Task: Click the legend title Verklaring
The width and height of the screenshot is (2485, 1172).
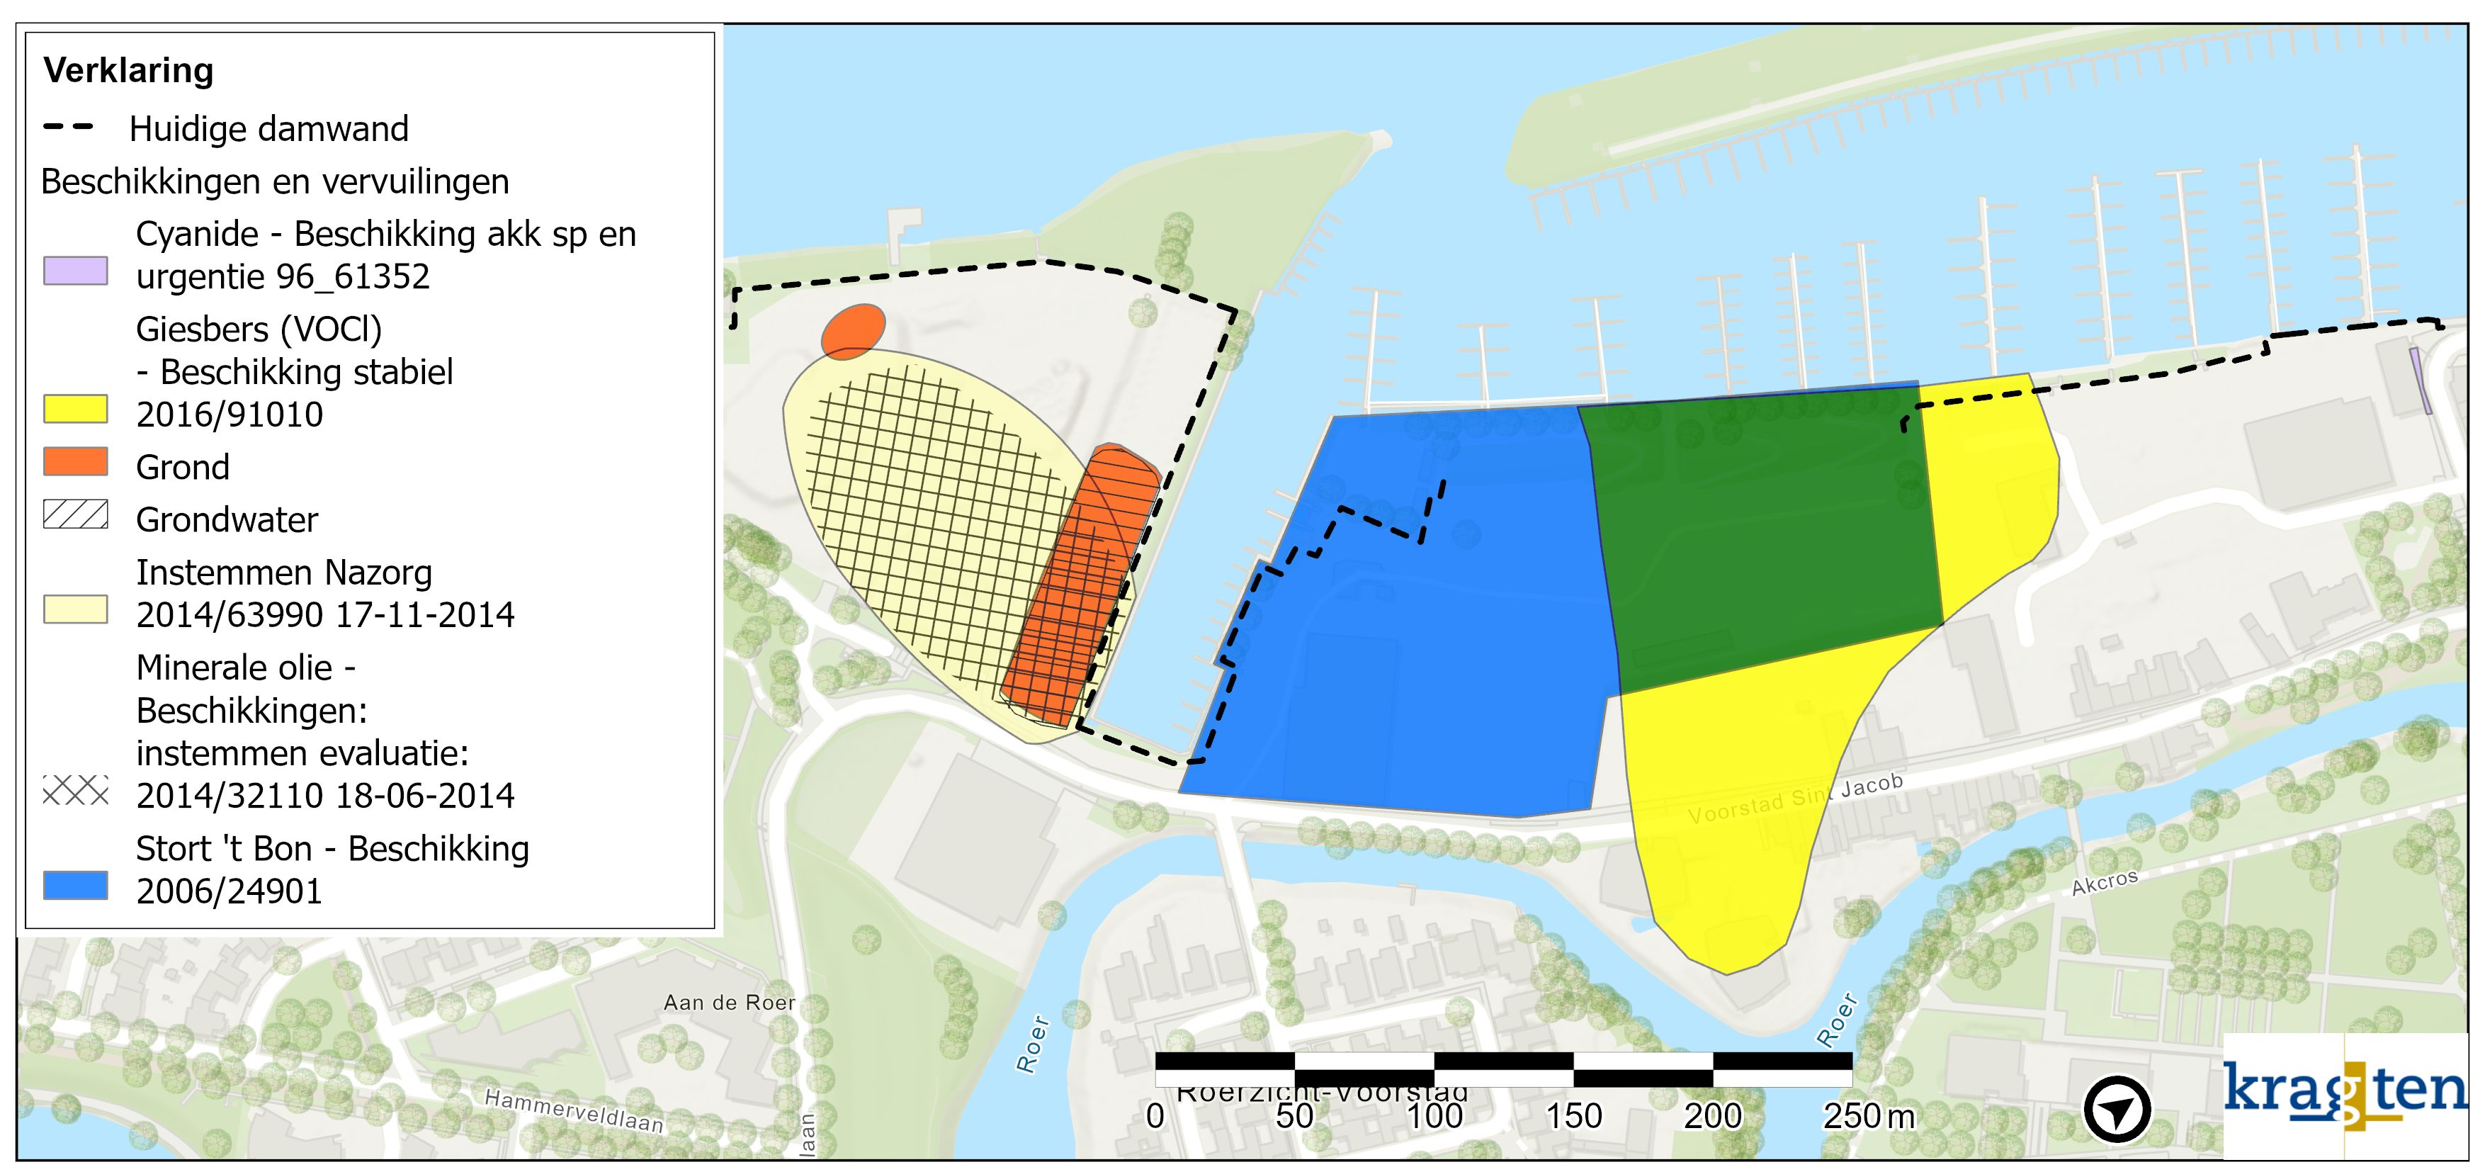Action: tap(128, 70)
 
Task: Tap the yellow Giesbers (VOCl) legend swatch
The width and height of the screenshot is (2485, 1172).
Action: tap(75, 409)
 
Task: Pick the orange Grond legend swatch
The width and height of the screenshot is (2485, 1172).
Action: tap(75, 462)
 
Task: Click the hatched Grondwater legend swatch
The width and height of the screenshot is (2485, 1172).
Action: tap(75, 514)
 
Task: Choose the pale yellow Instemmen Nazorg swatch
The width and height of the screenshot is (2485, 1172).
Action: tap(75, 609)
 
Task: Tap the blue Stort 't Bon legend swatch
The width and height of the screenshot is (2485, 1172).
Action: tap(75, 886)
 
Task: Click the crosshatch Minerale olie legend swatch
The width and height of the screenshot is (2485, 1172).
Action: tap(75, 791)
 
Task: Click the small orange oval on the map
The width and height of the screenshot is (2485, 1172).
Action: tap(853, 331)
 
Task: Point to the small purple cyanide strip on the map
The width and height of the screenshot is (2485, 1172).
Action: tap(2421, 381)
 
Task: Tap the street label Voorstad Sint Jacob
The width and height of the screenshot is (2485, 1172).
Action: tap(1795, 799)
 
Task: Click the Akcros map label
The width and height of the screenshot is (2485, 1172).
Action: tap(2105, 881)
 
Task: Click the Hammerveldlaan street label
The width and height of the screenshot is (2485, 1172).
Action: tap(574, 1111)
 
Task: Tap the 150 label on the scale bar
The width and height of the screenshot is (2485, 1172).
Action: tap(1573, 1116)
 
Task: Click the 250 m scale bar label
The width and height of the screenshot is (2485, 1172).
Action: tap(1867, 1116)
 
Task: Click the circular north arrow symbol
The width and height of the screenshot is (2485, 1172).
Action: tap(2117, 1110)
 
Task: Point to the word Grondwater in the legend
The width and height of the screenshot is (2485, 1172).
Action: tap(227, 520)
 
